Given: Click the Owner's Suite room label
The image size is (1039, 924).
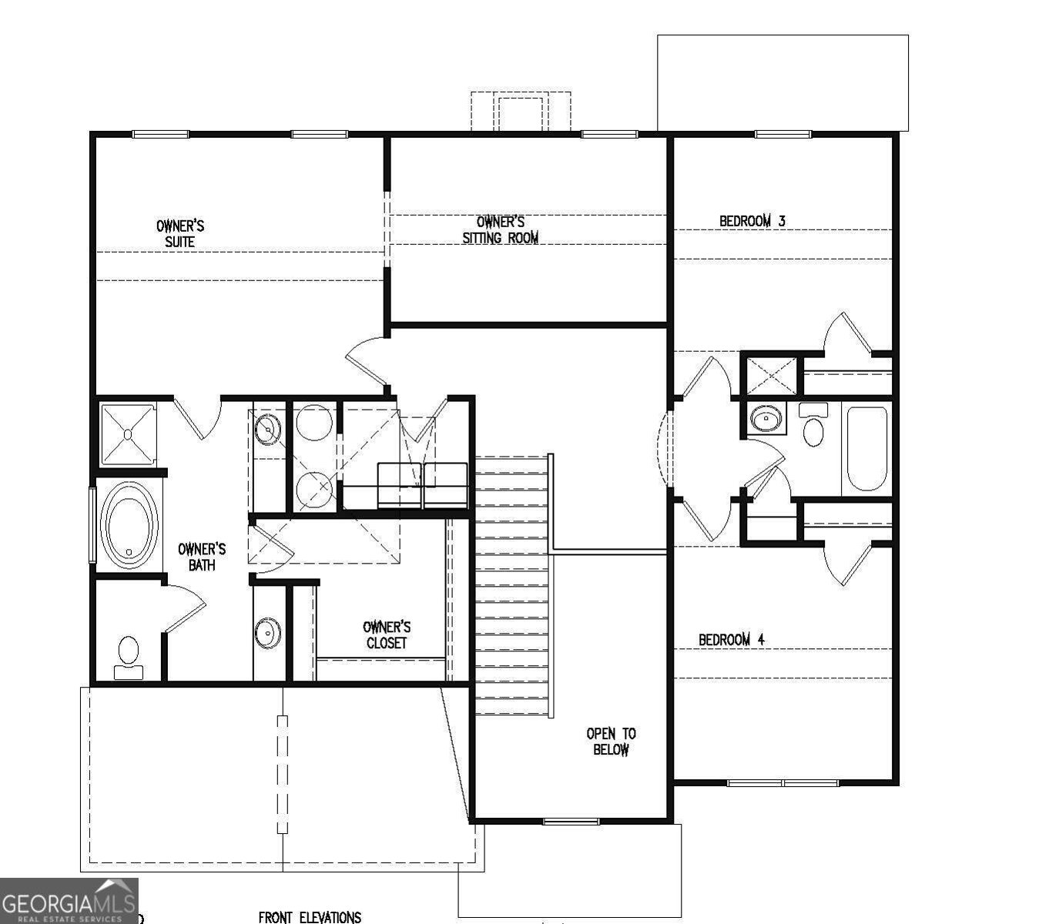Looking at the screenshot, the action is tap(180, 234).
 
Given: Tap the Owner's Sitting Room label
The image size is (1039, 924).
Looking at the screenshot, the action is tap(501, 229).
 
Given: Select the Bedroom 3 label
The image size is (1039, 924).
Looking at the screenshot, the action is tap(752, 221).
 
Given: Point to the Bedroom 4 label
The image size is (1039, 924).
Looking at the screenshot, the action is tap(732, 639).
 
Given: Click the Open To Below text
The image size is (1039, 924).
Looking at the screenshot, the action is tap(611, 742).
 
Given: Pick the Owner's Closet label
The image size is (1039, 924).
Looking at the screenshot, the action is tap(387, 634).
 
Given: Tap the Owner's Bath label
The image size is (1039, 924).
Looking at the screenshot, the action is tap(202, 557).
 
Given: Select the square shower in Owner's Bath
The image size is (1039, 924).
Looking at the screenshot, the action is tap(128, 434).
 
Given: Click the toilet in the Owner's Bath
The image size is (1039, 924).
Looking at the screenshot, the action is tap(128, 658).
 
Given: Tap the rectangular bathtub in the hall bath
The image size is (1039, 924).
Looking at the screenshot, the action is tap(866, 449).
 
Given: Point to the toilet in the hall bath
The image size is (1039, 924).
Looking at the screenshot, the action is tap(813, 425).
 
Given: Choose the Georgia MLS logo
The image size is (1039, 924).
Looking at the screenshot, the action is tap(69, 901).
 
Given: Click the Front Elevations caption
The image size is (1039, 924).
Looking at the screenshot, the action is tap(310, 917).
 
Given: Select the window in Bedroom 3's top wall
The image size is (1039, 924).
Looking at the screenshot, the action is tap(783, 134).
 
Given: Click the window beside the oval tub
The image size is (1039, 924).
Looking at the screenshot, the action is tap(93, 524).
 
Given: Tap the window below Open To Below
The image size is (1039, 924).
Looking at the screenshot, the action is tap(571, 822).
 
